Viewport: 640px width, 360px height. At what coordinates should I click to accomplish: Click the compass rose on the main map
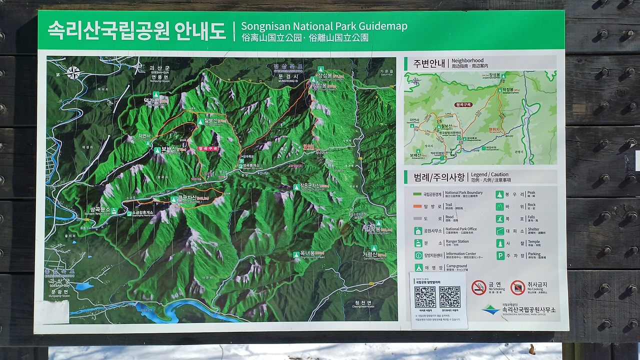(x=73, y=73)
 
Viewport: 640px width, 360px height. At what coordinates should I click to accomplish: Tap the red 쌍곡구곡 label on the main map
(x=208, y=148)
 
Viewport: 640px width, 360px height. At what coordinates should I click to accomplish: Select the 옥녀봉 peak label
(x=311, y=254)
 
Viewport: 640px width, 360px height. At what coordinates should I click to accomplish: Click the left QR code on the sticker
(x=425, y=297)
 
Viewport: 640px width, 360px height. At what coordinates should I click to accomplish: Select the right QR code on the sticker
(x=449, y=297)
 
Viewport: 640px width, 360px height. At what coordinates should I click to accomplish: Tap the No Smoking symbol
(x=478, y=287)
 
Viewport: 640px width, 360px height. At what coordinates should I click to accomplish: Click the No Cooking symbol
(x=517, y=287)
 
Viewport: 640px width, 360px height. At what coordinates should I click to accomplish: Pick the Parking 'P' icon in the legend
(x=500, y=255)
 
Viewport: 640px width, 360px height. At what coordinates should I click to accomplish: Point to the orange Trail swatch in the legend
(x=417, y=206)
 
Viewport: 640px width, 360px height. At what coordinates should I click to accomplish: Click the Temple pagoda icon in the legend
(x=500, y=243)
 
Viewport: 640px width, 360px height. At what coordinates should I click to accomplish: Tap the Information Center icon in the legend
(x=418, y=255)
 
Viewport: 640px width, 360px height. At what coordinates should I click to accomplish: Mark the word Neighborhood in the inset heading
(x=467, y=60)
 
